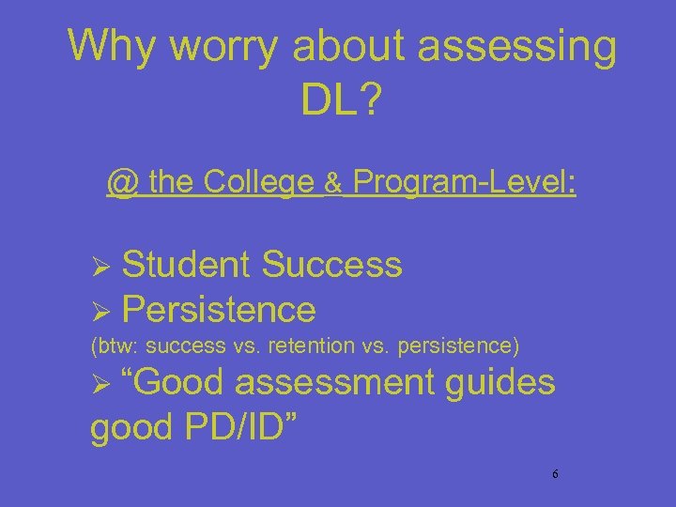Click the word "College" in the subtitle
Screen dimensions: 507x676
point(259,182)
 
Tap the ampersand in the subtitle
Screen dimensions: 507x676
point(332,183)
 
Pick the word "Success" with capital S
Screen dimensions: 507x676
point(332,265)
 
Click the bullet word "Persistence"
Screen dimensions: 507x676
point(218,308)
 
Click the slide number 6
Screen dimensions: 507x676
point(555,475)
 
